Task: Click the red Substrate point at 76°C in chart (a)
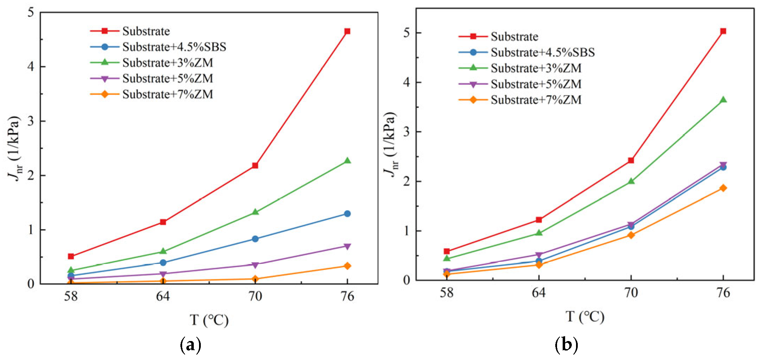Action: [x=347, y=31]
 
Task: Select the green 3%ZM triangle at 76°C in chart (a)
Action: [x=347, y=161]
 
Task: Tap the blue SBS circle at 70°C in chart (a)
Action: [x=255, y=239]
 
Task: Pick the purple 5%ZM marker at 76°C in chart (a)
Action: [x=347, y=246]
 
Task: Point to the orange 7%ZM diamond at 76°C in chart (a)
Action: [x=347, y=266]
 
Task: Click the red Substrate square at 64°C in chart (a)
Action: [x=163, y=222]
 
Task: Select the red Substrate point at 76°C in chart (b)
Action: [x=723, y=31]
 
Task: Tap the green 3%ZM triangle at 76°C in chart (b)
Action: [x=723, y=100]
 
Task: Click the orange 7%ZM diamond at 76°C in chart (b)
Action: [x=723, y=188]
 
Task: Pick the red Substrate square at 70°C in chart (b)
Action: [x=631, y=160]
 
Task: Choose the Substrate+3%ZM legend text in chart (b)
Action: [x=536, y=68]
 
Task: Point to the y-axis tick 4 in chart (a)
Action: [x=31, y=66]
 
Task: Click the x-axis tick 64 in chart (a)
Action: [x=163, y=296]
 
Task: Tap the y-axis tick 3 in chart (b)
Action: [x=407, y=132]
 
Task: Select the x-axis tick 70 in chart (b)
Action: [x=631, y=293]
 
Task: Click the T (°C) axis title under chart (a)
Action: [x=209, y=320]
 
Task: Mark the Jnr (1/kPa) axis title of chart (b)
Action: [x=390, y=144]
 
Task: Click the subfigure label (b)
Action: [x=566, y=345]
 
